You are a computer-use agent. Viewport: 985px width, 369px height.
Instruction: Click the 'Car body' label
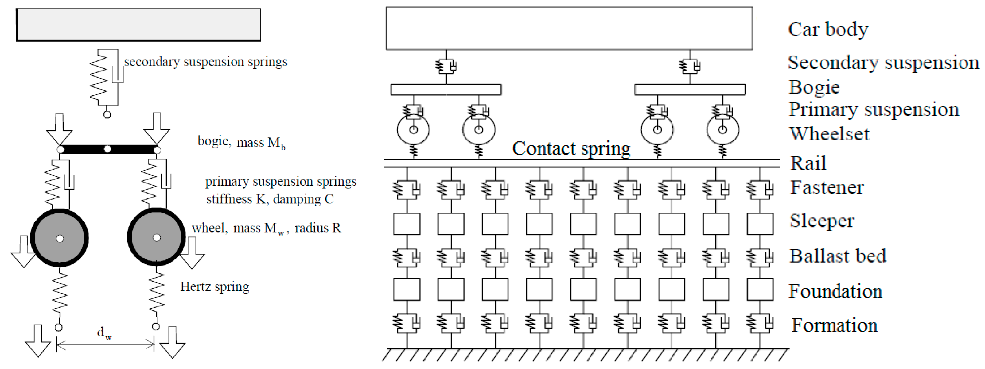(x=828, y=29)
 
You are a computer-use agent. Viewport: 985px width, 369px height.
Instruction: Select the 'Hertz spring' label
(x=215, y=286)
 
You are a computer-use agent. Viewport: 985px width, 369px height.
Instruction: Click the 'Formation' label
(x=834, y=325)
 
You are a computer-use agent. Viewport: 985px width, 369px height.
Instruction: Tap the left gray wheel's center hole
(x=60, y=239)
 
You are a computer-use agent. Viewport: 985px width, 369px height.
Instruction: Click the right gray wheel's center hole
(x=156, y=238)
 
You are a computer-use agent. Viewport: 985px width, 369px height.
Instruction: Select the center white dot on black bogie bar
(x=108, y=149)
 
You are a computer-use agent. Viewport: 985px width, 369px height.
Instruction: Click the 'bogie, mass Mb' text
(x=241, y=142)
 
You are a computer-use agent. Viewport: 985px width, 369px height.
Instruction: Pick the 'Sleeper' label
(x=822, y=221)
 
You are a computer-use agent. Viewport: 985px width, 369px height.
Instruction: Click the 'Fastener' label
(x=827, y=187)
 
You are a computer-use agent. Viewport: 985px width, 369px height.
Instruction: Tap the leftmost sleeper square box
(x=407, y=224)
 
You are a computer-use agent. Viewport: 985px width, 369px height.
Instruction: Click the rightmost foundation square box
(x=760, y=290)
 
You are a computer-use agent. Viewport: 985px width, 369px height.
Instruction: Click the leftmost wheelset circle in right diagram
(x=413, y=129)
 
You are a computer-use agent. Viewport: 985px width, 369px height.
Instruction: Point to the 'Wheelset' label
(x=829, y=134)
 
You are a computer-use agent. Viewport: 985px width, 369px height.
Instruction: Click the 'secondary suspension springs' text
(x=205, y=62)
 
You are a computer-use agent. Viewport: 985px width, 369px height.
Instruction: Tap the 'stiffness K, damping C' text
(x=270, y=199)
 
